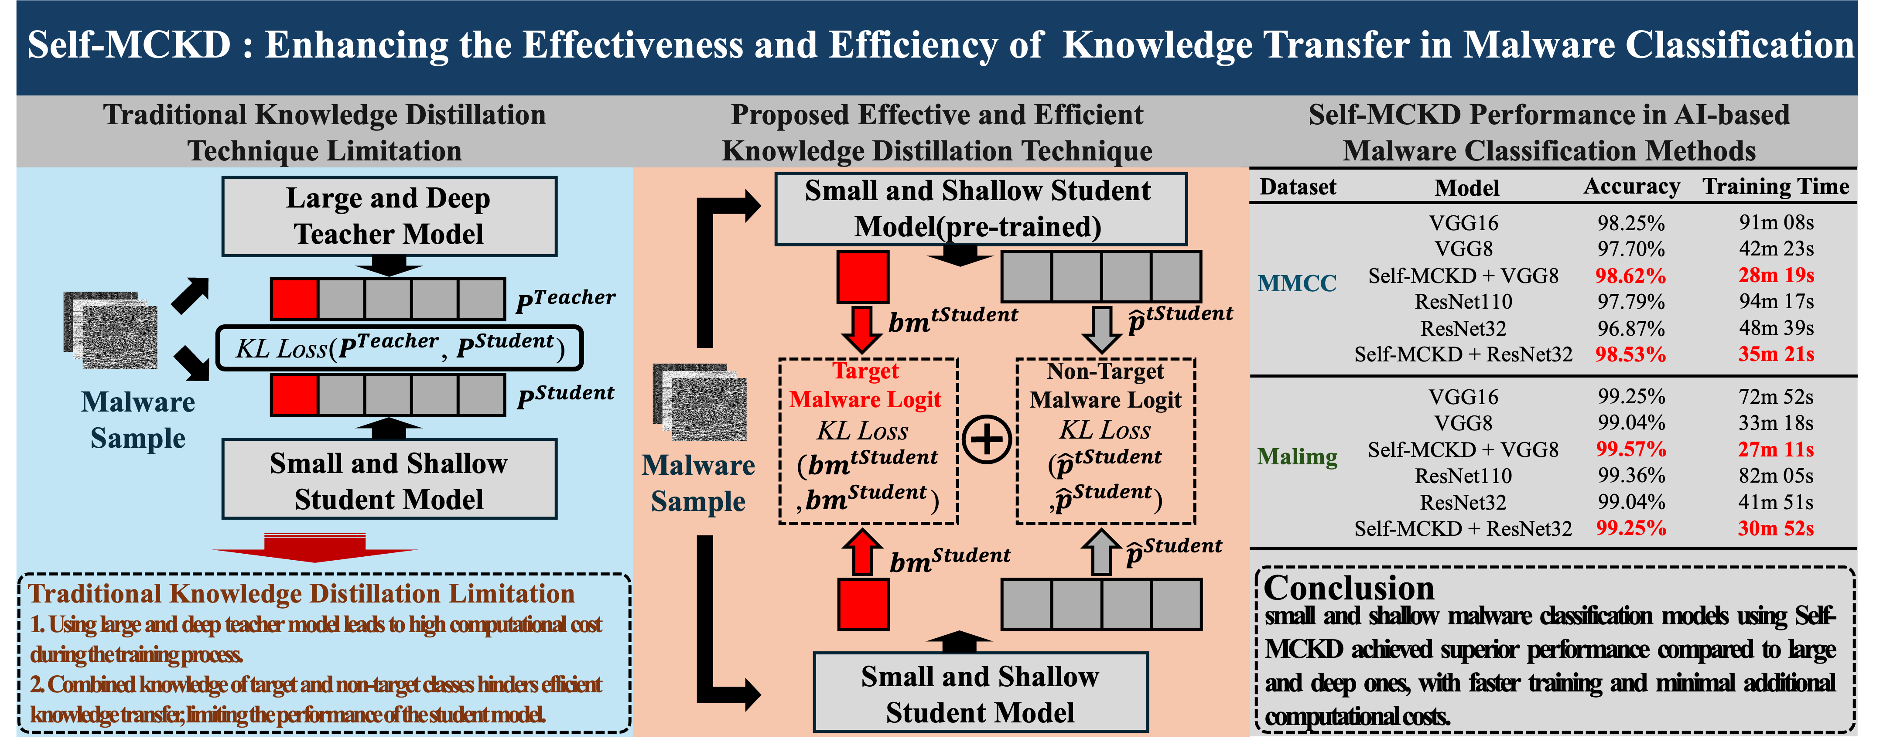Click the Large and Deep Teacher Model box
coord(389,216)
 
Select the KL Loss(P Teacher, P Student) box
coord(399,348)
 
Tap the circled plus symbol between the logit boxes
coord(987,440)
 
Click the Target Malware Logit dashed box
coord(868,441)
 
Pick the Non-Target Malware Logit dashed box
coord(1105,441)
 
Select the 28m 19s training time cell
coord(1776,276)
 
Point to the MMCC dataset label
coord(1297,283)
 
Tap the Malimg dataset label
coord(1297,457)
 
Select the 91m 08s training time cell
coord(1776,222)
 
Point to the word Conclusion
coord(1349,588)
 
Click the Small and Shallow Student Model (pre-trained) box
coord(980,209)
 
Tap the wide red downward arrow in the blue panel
coord(314,548)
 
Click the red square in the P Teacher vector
coord(294,299)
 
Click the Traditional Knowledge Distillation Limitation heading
coord(301,593)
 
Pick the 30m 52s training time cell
coord(1776,528)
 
